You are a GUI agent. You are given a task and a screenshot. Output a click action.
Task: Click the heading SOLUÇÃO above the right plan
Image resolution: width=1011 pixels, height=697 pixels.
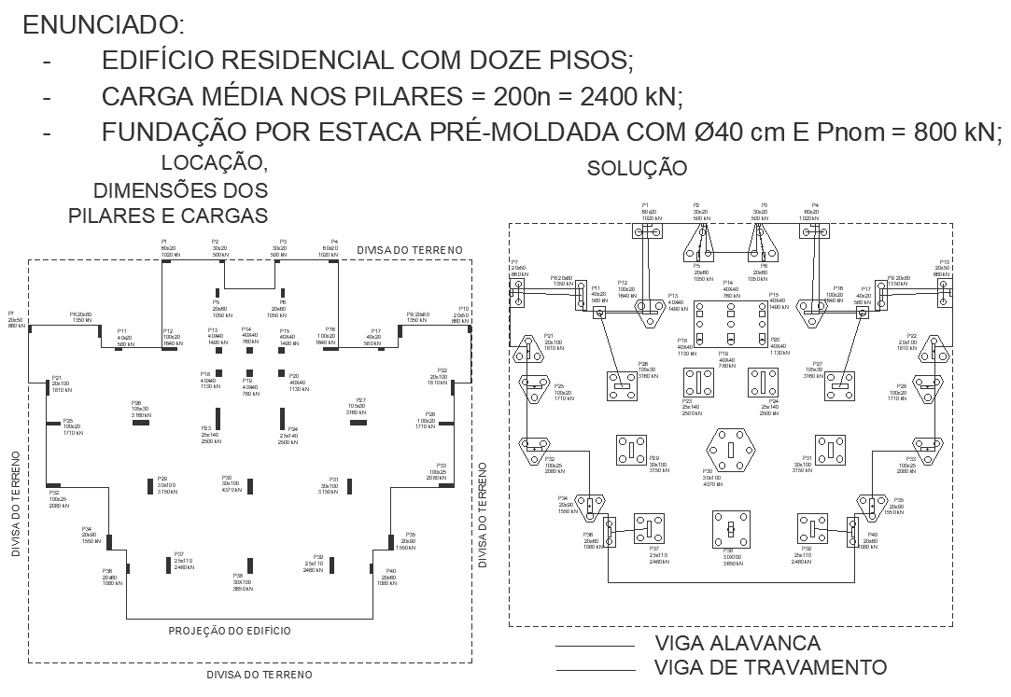(637, 168)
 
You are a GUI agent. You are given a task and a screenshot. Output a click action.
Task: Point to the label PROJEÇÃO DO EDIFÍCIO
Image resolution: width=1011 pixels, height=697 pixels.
(230, 631)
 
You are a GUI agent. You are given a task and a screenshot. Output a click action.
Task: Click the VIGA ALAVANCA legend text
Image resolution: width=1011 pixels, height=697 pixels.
(737, 643)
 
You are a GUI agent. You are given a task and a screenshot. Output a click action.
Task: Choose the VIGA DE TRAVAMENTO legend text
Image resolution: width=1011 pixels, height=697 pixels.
(770, 666)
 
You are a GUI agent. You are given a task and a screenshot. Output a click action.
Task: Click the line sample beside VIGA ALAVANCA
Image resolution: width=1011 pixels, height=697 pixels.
(595, 646)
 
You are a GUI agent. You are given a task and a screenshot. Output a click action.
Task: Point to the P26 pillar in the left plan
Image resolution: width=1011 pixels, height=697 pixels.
(143, 423)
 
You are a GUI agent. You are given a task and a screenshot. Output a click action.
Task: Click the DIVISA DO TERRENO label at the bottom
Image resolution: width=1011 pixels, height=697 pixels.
(260, 674)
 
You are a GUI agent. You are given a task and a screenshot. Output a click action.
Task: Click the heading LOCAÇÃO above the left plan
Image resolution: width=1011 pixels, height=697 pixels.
(215, 163)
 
